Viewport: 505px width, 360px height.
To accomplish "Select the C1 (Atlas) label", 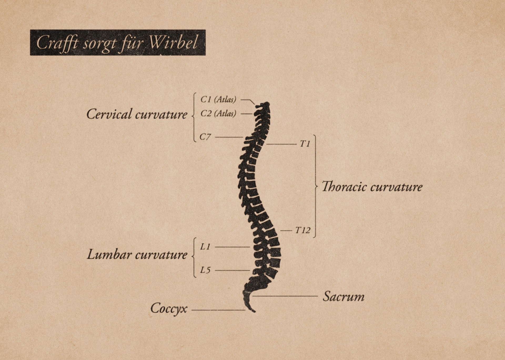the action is [218, 99].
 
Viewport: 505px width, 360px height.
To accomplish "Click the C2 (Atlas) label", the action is [218, 114].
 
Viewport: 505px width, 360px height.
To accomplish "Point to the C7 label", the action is [205, 137].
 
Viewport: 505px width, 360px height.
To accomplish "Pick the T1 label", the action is [305, 144].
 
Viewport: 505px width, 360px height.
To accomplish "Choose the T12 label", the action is [302, 230].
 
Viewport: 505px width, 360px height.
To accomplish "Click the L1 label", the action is [205, 247].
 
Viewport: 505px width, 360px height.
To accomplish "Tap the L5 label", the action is [205, 270].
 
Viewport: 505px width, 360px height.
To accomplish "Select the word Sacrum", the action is [344, 297].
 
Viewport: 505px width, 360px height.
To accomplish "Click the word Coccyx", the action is [169, 308].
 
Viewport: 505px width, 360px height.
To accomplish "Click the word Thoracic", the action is [344, 187].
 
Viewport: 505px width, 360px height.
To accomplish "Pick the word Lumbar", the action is [109, 255].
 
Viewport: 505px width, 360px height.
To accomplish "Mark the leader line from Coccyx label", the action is [218, 310].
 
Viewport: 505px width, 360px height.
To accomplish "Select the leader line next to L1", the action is [232, 247].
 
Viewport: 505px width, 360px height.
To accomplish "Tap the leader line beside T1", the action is [281, 144].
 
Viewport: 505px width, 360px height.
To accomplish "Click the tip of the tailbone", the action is [254, 312].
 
